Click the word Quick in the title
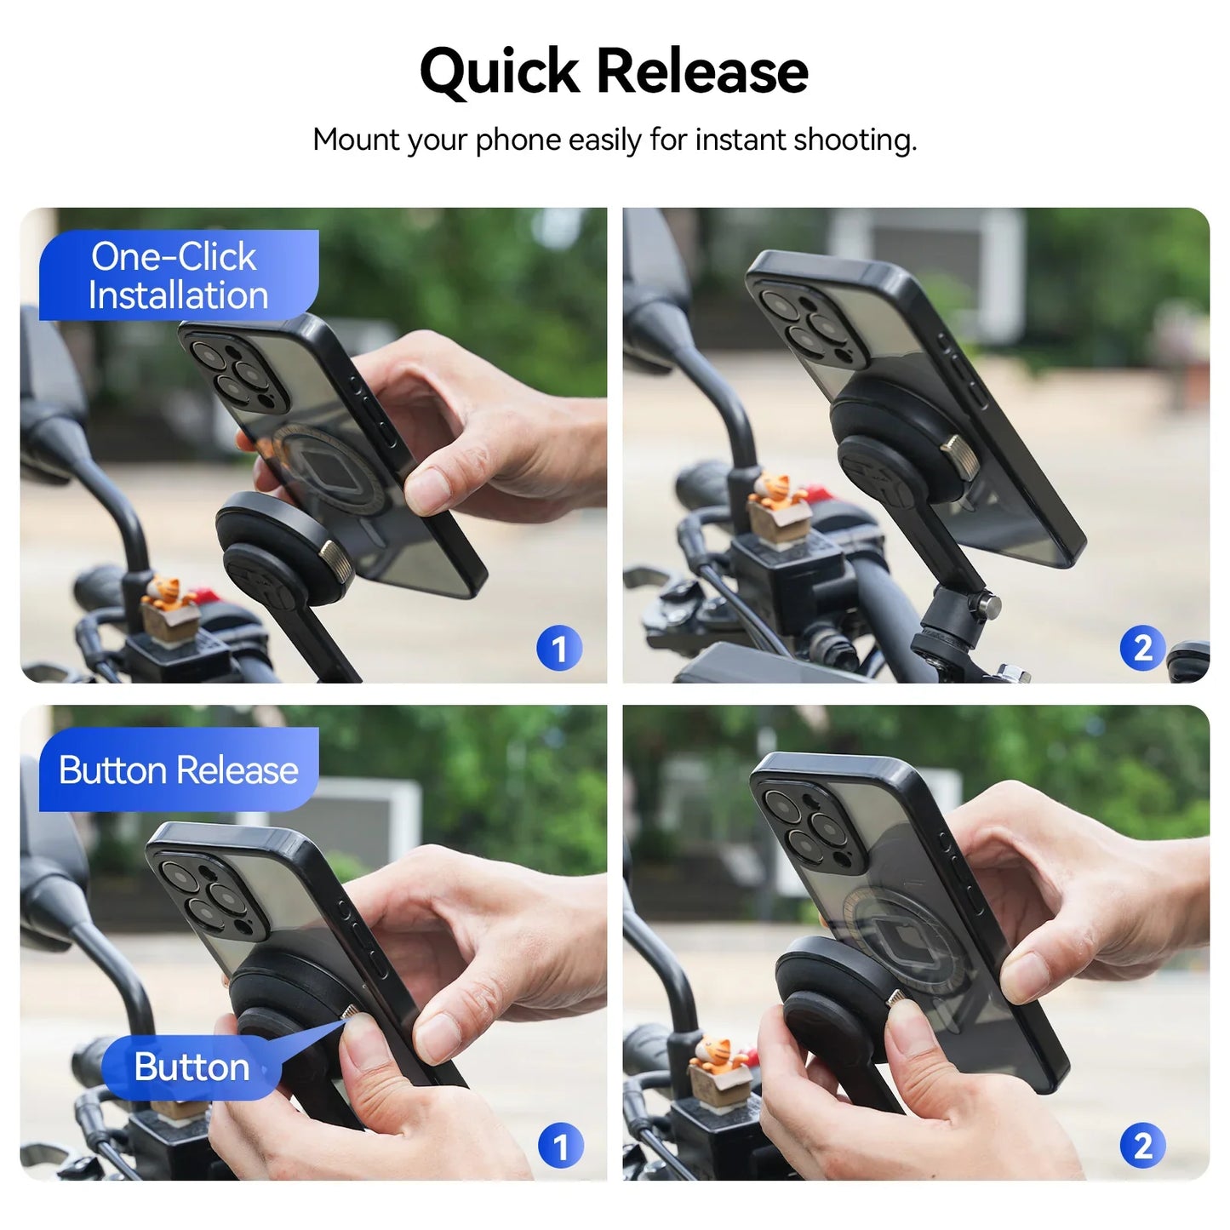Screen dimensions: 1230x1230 [500, 72]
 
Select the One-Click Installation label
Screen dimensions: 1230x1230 [179, 276]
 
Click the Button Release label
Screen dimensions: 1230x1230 [179, 770]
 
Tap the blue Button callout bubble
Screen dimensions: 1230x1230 [192, 1067]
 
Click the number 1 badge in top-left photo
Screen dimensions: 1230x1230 [559, 649]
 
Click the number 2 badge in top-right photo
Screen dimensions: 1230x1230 [1142, 649]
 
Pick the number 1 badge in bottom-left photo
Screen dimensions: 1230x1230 [560, 1147]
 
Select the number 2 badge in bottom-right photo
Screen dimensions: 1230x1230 [1142, 1147]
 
